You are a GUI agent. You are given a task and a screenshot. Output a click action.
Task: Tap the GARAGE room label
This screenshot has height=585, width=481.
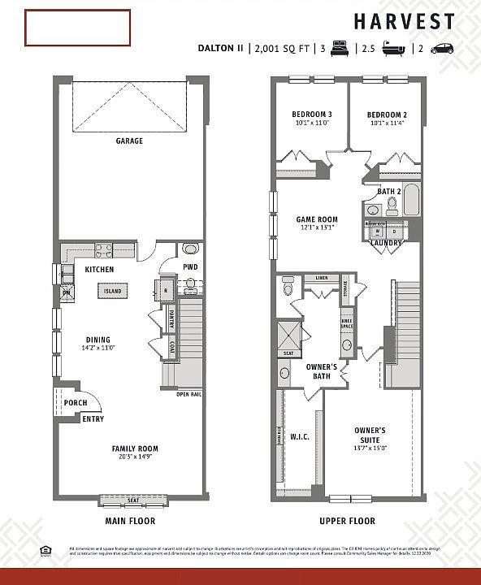(129, 141)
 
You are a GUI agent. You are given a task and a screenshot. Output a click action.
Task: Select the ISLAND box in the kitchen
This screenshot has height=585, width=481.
(113, 290)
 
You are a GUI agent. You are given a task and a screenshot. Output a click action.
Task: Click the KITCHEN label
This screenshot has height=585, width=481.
(100, 269)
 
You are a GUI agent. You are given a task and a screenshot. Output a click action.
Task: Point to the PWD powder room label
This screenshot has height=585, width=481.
(189, 266)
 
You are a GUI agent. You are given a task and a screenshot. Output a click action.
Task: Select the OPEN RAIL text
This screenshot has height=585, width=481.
(188, 395)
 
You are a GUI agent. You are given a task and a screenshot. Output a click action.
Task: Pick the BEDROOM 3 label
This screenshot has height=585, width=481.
(312, 115)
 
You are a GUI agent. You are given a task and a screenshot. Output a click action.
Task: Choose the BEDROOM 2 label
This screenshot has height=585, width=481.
(387, 115)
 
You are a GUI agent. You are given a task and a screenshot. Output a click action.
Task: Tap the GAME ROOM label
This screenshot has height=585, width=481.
(316, 219)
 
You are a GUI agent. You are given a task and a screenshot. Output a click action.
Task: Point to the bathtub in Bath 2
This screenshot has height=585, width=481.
(410, 199)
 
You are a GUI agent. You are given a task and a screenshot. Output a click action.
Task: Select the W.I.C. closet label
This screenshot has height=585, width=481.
(300, 436)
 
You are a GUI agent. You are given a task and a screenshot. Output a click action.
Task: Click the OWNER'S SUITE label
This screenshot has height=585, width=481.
(370, 433)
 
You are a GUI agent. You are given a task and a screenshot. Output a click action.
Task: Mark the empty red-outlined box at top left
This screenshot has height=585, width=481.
(77, 28)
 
